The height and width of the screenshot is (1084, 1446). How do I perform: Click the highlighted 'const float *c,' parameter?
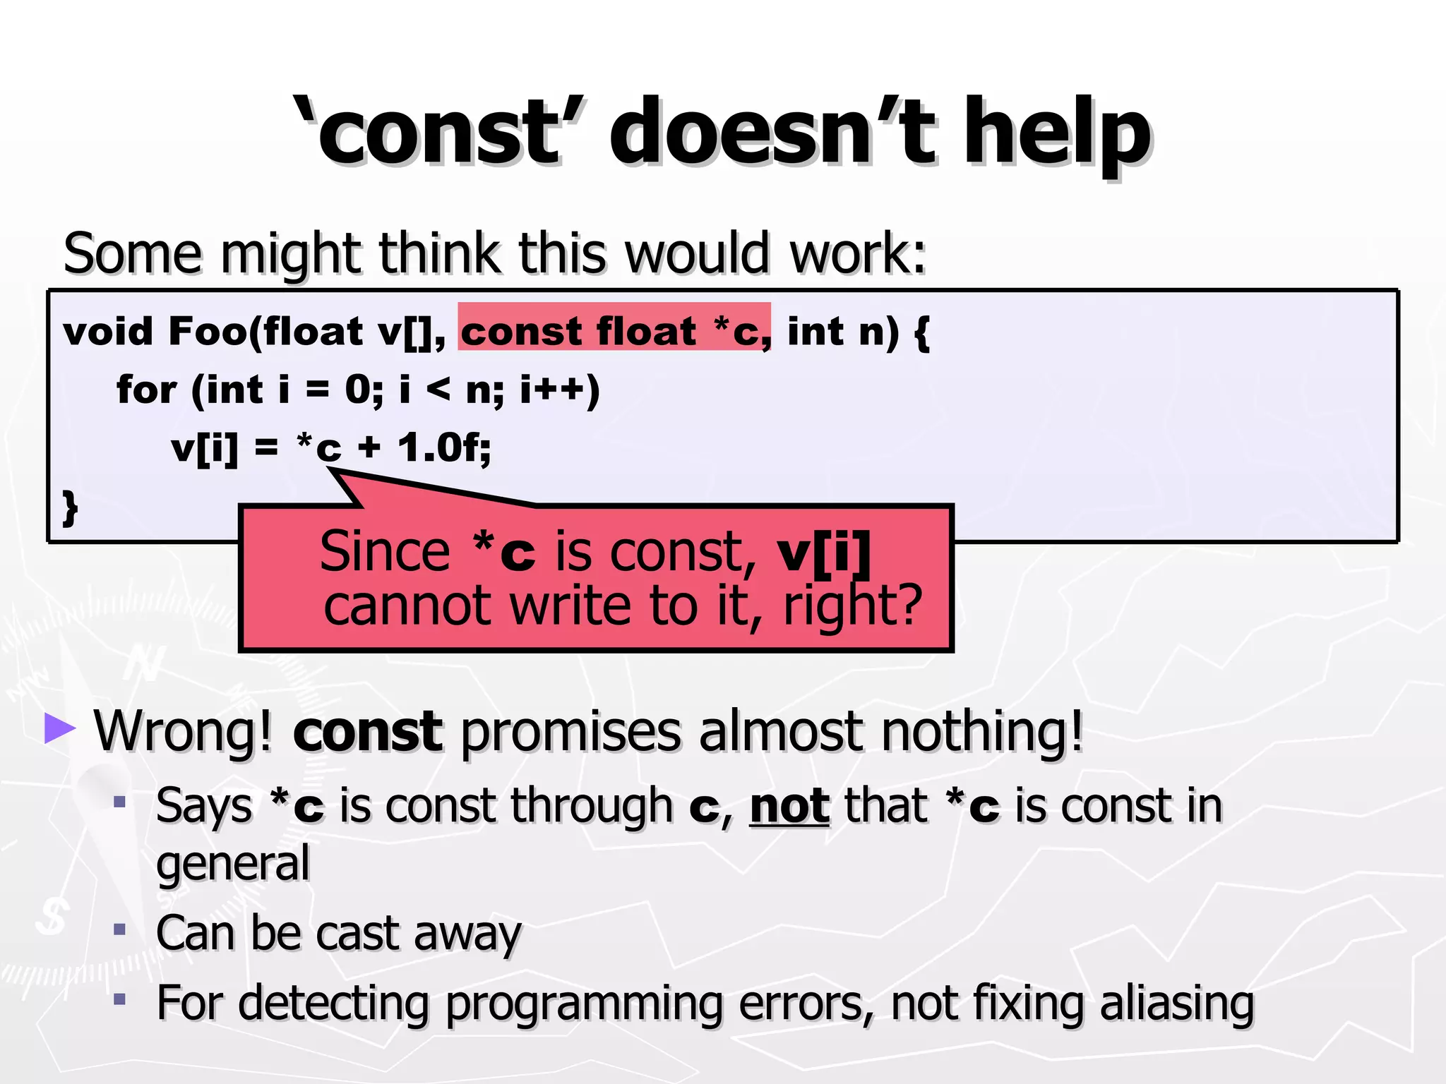(x=614, y=330)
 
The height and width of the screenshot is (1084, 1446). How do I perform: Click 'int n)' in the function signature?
(x=843, y=332)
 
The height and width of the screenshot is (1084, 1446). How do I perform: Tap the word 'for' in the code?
(x=145, y=390)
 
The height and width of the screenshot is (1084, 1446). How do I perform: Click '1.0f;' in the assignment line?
(x=444, y=447)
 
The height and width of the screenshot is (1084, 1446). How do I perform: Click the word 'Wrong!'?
(x=183, y=731)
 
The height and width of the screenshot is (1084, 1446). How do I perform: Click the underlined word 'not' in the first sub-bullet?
(x=789, y=806)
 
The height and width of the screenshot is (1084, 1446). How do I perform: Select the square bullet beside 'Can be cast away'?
(x=120, y=929)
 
